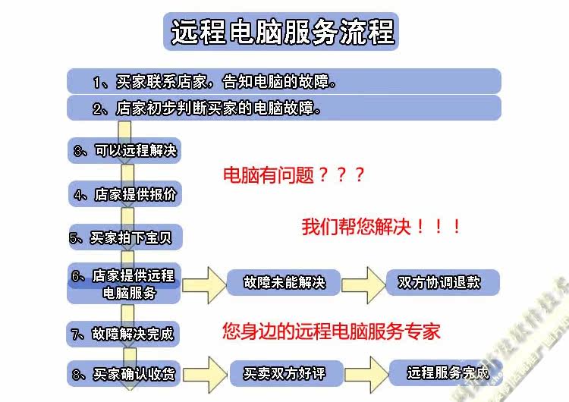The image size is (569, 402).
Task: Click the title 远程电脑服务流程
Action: [x=283, y=33]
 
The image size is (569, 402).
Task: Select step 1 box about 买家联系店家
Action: [x=284, y=81]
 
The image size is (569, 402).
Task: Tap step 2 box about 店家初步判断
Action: [x=284, y=108]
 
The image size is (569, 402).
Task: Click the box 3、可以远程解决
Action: [x=124, y=150]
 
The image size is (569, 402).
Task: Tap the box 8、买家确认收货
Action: [x=123, y=374]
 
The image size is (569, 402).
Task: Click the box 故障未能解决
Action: [x=284, y=282]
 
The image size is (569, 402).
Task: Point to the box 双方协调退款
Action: [x=443, y=282]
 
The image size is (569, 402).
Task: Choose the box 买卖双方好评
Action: [x=284, y=374]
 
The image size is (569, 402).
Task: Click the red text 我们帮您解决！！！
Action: [x=382, y=227]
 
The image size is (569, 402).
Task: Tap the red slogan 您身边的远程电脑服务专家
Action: [x=332, y=331]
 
